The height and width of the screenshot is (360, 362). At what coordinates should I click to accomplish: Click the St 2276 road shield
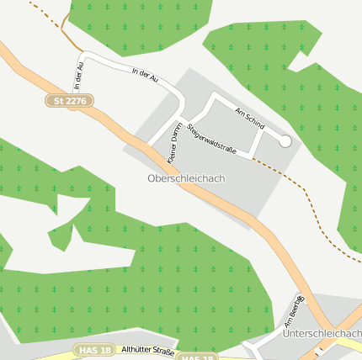point(69,101)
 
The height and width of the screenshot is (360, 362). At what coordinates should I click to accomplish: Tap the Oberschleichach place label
point(186,178)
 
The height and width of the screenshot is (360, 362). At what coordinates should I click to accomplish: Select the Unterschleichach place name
point(323,334)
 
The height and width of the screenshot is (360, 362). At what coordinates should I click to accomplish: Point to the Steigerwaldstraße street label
point(218,141)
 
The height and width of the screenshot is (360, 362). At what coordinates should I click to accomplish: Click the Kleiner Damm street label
point(175,142)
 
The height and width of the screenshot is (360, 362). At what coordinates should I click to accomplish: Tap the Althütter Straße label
point(147,351)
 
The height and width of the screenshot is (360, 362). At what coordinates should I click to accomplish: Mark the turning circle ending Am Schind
point(285,141)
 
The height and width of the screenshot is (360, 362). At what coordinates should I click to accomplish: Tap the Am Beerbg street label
point(294,310)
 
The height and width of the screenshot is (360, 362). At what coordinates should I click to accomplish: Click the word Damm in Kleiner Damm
point(178,133)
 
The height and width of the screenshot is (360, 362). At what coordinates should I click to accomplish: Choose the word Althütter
point(135,351)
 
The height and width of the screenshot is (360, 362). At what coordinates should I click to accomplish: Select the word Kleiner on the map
point(172,152)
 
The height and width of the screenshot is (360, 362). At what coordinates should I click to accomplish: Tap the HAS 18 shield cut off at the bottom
point(197,357)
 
